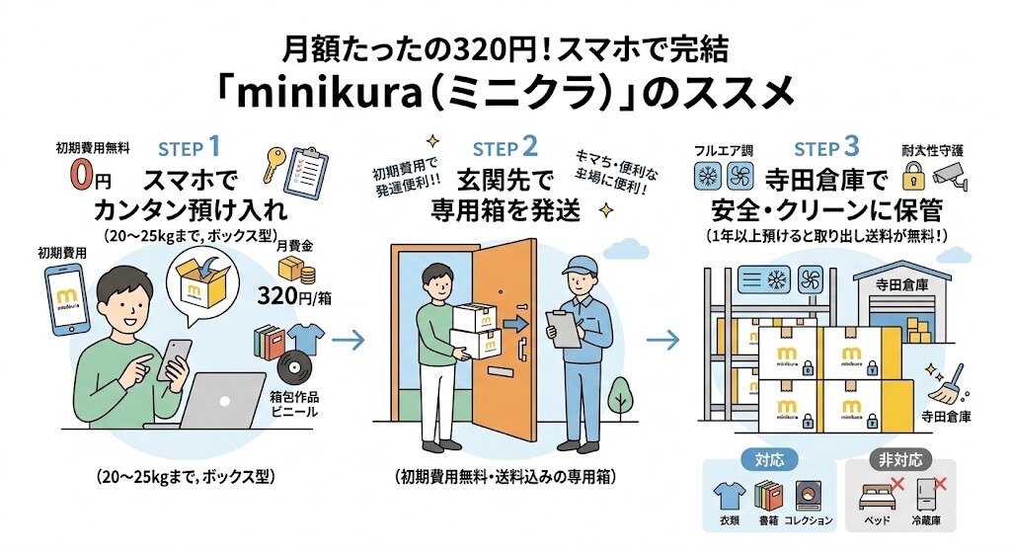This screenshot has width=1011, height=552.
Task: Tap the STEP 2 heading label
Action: tap(505, 149)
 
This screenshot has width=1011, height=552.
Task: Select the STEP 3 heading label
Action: tap(831, 149)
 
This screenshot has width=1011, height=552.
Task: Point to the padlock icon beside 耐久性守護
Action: tap(914, 177)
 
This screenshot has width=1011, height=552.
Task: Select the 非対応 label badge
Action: tap(899, 459)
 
